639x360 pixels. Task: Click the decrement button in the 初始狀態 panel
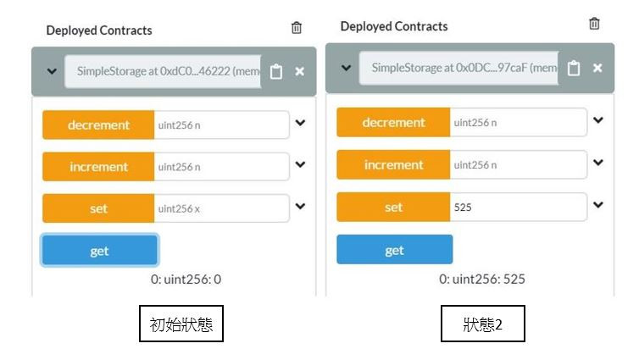click(x=98, y=125)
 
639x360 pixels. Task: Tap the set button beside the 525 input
click(x=393, y=207)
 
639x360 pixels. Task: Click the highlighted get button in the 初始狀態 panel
click(x=99, y=251)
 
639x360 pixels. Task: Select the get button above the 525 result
click(x=394, y=250)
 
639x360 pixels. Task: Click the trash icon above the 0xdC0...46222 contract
click(x=297, y=28)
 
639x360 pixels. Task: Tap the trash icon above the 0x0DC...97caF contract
click(x=594, y=24)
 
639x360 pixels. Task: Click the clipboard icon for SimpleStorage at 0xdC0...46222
click(x=276, y=72)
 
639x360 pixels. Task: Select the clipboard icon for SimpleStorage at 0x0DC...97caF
click(x=574, y=68)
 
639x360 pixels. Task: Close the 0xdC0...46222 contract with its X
click(x=299, y=72)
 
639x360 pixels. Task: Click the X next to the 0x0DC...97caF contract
click(x=597, y=68)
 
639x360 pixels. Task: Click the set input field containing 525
click(x=517, y=207)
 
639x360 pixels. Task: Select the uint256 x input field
click(x=221, y=208)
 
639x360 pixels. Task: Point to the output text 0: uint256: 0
click(x=186, y=279)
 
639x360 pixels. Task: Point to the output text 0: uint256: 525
click(x=482, y=279)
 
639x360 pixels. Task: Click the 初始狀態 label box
click(x=181, y=324)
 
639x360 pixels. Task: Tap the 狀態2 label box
click(x=482, y=324)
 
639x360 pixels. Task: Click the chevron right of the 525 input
click(x=598, y=205)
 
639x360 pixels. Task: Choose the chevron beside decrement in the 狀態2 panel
click(x=598, y=120)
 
